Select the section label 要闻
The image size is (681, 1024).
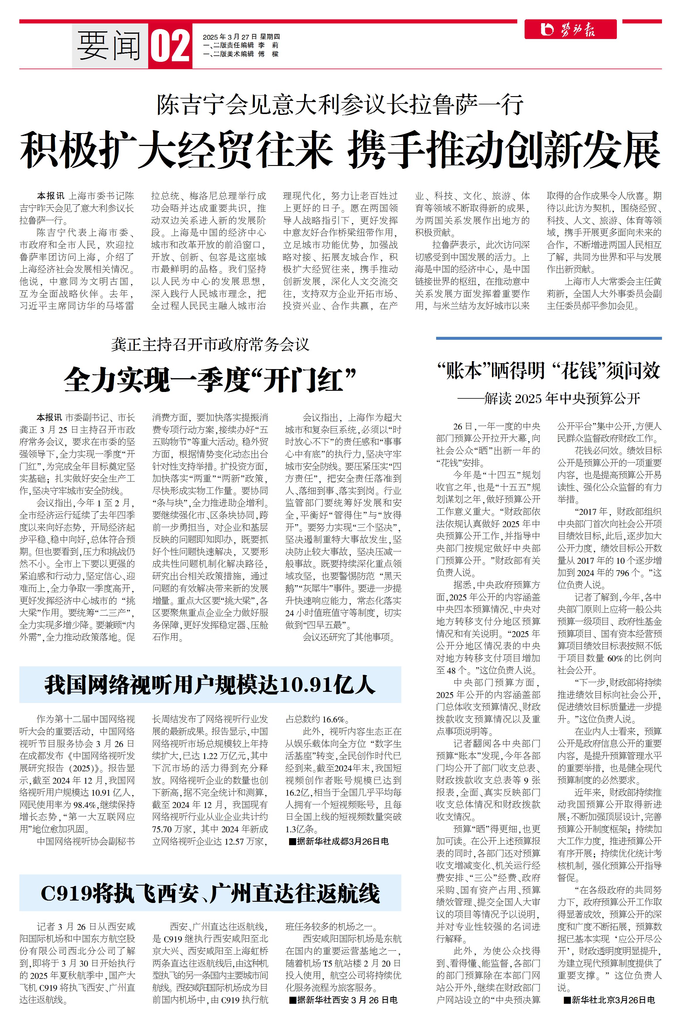(110, 46)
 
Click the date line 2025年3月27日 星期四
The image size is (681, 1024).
(241, 37)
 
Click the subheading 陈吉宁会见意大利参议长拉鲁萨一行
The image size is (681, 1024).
(340, 105)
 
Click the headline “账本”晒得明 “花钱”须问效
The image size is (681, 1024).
(549, 371)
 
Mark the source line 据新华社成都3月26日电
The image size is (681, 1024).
(339, 841)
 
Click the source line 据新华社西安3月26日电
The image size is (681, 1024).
(343, 1000)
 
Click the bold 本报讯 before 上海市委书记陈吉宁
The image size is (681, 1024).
(50, 196)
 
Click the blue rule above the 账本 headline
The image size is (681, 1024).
(549, 338)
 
